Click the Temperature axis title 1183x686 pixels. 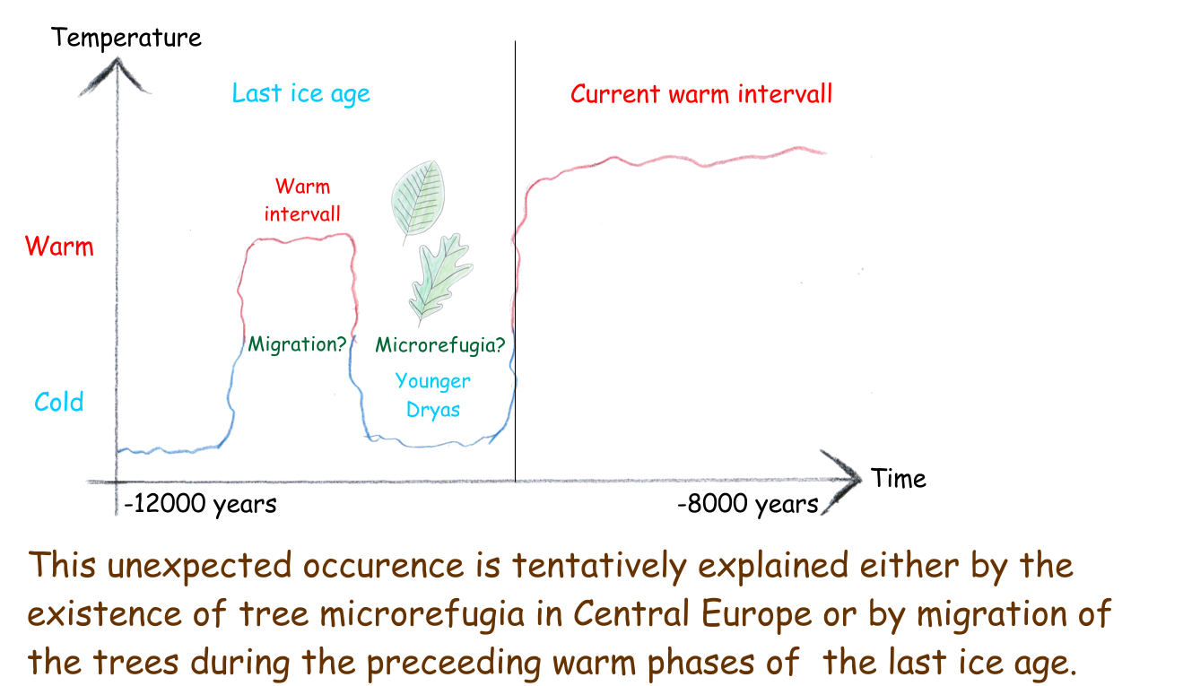(x=126, y=38)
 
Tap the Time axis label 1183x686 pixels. (x=899, y=479)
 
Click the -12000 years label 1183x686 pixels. (x=200, y=504)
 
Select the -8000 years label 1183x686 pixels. (x=748, y=504)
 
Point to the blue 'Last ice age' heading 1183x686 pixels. (x=301, y=94)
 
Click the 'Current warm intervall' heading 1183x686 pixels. (x=701, y=94)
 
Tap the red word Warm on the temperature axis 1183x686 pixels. (x=59, y=246)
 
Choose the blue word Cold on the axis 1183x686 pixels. (x=59, y=402)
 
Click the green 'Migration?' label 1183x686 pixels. (x=297, y=344)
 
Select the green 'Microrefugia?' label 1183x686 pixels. (x=440, y=345)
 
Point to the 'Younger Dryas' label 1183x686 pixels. (x=432, y=395)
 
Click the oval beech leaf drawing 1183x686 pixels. (x=418, y=199)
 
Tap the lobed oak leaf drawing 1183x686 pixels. (x=440, y=277)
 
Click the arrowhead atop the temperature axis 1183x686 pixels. (x=117, y=76)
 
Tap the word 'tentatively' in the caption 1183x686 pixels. (x=599, y=566)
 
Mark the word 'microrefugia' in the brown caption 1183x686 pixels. (x=422, y=614)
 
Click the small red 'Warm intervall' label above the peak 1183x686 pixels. (x=302, y=201)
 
